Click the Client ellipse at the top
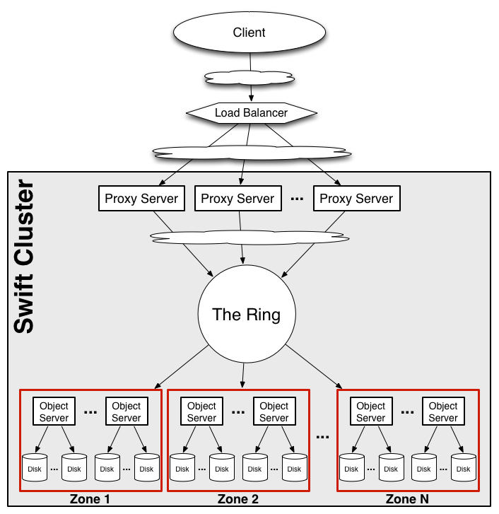coord(249,33)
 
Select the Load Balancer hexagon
coord(251,112)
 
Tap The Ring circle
coord(246,314)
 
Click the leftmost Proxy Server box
coord(141,199)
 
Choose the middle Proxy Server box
coord(237,199)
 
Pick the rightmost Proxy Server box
coord(356,199)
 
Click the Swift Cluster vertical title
coord(25,258)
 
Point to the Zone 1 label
coord(90,500)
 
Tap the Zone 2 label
coord(237,500)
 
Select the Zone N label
coord(408,500)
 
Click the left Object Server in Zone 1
coord(54,411)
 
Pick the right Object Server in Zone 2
coord(274,411)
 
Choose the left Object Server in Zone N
coord(370,411)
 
